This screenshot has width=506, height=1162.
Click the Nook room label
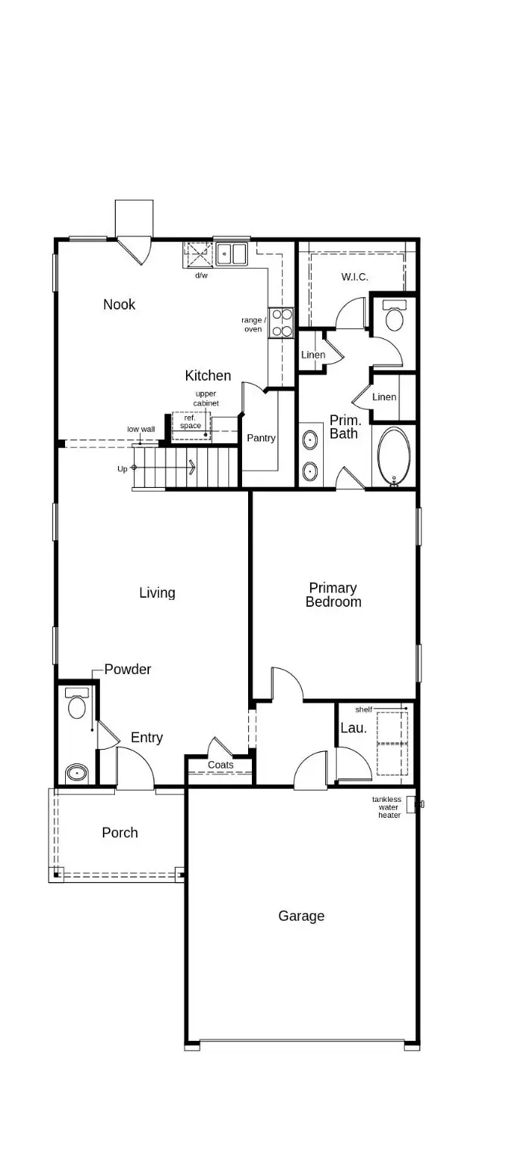click(x=120, y=304)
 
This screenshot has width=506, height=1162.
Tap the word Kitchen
click(x=208, y=375)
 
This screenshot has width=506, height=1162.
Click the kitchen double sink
click(x=232, y=253)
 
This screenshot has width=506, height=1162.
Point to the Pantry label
click(x=261, y=438)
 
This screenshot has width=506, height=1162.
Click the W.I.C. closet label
click(x=355, y=277)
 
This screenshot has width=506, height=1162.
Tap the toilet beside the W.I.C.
click(x=395, y=316)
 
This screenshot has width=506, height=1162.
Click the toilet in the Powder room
click(x=76, y=705)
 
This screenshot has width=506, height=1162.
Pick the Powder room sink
click(x=76, y=773)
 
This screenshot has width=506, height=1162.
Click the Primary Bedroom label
click(x=333, y=595)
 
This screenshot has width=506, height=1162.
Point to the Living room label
click(x=157, y=593)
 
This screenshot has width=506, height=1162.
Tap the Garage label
click(x=301, y=916)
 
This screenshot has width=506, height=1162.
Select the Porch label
click(x=120, y=833)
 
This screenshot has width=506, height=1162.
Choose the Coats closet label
click(x=221, y=765)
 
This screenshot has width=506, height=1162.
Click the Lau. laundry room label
click(x=353, y=729)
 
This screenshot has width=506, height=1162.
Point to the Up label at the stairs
click(x=123, y=469)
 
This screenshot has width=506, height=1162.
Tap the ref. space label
click(x=191, y=421)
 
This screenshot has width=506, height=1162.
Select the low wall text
click(x=141, y=429)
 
